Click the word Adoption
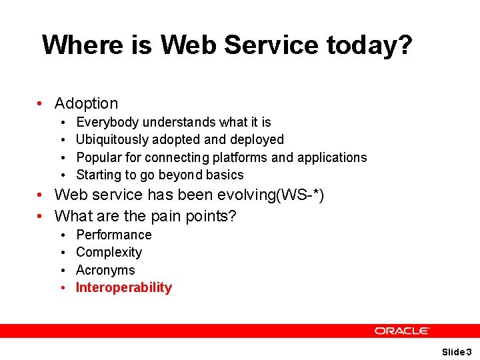click(86, 103)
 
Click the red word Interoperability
click(124, 288)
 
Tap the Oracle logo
click(401, 331)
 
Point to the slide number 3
click(469, 351)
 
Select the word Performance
click(114, 235)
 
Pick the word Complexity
click(109, 253)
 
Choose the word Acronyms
click(105, 270)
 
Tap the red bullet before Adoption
click(41, 104)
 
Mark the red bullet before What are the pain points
click(41, 217)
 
